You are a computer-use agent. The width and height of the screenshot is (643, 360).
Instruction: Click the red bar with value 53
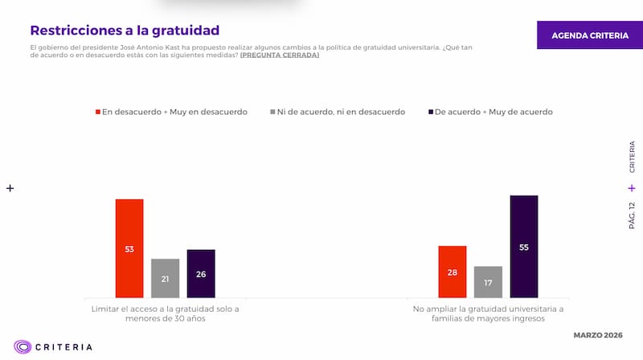coord(129,248)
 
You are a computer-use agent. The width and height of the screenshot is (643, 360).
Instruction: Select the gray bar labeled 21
coord(165,278)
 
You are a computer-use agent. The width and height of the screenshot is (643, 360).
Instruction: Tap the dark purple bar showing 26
coord(201,273)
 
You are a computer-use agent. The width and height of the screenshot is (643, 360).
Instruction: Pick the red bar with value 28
coord(453,272)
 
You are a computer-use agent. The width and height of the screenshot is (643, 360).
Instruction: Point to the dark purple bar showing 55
coord(524,247)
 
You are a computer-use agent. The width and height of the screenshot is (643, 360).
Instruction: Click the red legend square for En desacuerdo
coord(98,112)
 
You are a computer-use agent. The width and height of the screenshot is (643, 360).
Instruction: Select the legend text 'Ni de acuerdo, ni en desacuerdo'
coord(341,112)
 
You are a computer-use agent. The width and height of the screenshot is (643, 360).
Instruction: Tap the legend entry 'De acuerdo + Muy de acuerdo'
coord(494,112)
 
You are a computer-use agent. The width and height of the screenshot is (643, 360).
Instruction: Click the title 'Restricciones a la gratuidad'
coord(125,31)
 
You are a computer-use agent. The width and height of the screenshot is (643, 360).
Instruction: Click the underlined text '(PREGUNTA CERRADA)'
coord(279,55)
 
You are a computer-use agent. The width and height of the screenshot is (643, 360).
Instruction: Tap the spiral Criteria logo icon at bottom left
coord(23,347)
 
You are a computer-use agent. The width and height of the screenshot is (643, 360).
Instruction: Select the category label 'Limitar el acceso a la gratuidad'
coord(166,308)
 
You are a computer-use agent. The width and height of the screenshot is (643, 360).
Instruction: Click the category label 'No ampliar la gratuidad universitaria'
coord(488,308)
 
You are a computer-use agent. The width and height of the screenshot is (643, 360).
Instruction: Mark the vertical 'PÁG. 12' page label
coord(632,215)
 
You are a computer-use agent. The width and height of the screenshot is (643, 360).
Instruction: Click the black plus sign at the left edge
coord(10,188)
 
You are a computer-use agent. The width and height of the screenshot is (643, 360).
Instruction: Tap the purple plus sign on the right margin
coord(632,188)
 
